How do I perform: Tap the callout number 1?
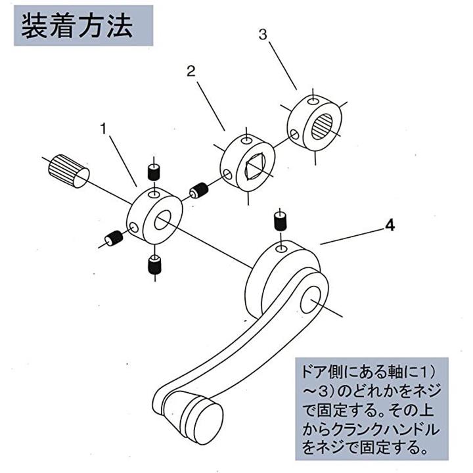click(x=103, y=129)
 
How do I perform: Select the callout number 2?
click(x=191, y=72)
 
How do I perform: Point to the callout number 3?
click(x=263, y=35)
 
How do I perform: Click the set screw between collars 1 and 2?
click(x=198, y=192)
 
